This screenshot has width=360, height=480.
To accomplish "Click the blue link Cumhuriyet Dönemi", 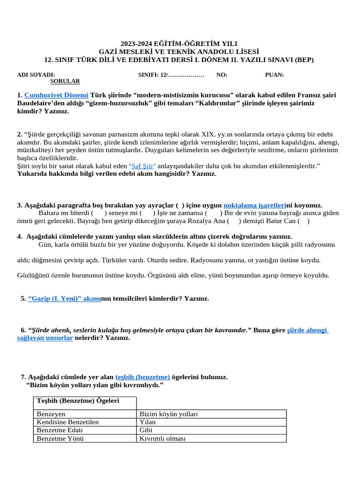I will pyautogui.click(x=56, y=95).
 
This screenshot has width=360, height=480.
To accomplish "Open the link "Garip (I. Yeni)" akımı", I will pyautogui.click(x=65, y=299).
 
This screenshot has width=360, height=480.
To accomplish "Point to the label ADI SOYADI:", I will pyautogui.click(x=36, y=75).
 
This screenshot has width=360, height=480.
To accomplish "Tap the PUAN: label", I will pyautogui.click(x=274, y=75).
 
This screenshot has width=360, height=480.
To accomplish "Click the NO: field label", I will pyautogui.click(x=222, y=75).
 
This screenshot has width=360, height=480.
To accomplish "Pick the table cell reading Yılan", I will pyautogui.click(x=148, y=422).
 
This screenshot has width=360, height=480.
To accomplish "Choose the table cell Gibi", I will pyautogui.click(x=146, y=430).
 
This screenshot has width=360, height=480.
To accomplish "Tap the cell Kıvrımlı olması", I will pyautogui.click(x=163, y=438).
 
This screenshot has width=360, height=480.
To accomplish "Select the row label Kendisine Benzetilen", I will pyautogui.click(x=67, y=422).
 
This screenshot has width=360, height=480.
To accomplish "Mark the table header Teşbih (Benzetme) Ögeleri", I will pyautogui.click(x=78, y=400).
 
